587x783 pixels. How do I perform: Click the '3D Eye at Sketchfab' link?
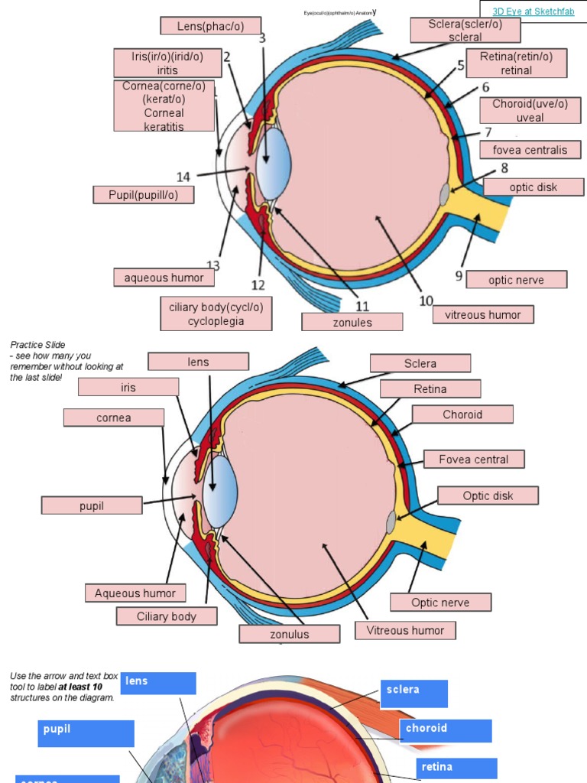tap(532, 11)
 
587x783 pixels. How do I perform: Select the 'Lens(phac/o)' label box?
tap(210, 26)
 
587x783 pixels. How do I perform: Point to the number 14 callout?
tap(183, 177)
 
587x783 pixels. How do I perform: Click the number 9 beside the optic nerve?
tap(459, 275)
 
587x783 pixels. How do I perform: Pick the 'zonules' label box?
tap(352, 322)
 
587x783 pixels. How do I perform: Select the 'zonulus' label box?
tap(290, 634)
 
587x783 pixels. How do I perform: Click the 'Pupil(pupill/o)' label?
tap(143, 195)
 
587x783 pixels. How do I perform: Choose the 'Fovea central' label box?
tap(473, 460)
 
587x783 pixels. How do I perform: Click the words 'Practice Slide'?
tap(37, 345)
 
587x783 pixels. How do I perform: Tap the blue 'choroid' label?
tap(446, 729)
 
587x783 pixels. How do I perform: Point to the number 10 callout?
tap(426, 301)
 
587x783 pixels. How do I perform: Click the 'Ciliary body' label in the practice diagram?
tap(167, 616)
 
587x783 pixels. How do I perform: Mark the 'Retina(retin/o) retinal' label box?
tap(516, 63)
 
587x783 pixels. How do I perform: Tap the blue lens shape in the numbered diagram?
tap(273, 164)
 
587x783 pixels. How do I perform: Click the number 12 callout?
tap(258, 285)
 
